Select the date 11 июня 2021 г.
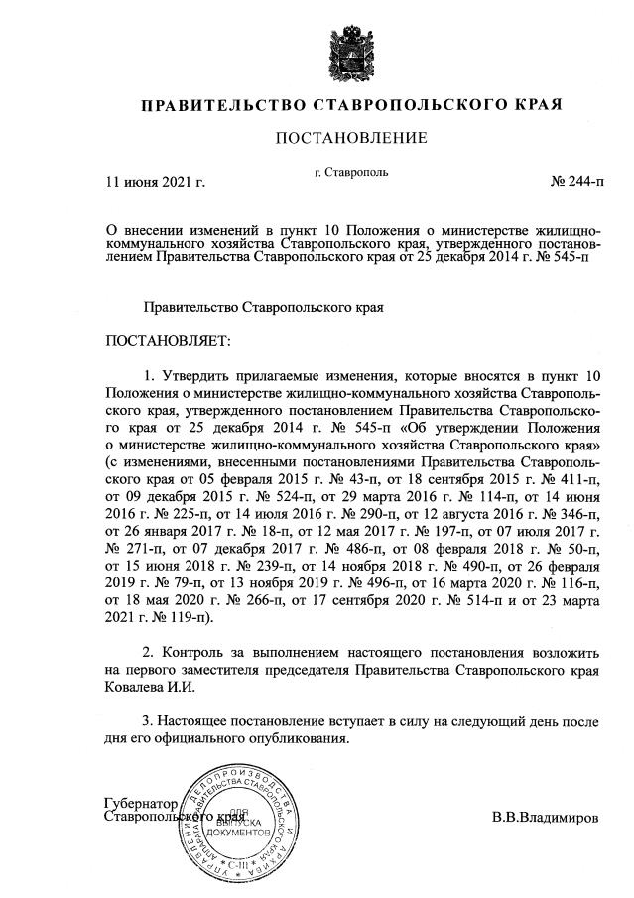155,182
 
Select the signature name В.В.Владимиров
545,820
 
